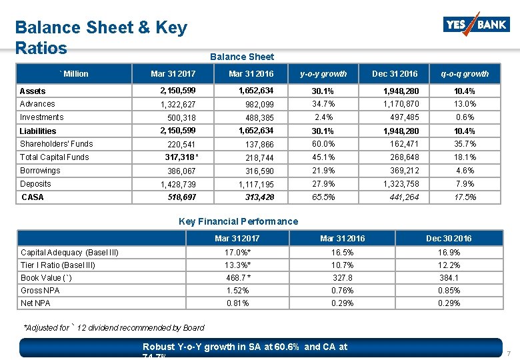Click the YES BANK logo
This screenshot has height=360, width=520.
coord(476,25)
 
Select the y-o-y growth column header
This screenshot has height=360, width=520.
coord(323,73)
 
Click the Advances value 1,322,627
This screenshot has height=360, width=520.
coord(178,104)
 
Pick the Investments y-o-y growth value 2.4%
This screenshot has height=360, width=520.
coord(323,117)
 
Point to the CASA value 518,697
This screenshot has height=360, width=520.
coord(181,197)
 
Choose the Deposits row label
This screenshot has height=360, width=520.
coord(35,184)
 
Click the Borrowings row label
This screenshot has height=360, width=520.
coord(40,171)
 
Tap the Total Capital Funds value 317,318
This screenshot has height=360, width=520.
coord(180,157)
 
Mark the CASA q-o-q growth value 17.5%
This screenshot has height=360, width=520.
coord(465,197)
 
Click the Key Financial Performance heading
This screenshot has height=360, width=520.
coord(239,221)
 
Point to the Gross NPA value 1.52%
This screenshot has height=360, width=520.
coord(238,291)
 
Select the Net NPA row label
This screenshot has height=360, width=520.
coord(35,303)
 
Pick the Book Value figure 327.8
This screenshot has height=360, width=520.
coord(342,278)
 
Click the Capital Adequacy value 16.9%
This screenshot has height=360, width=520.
coord(449,253)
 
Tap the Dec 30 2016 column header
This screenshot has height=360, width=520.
coord(449,238)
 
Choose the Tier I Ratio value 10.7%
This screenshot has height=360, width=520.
coord(342,265)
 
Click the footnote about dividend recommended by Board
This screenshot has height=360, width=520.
coord(113,328)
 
